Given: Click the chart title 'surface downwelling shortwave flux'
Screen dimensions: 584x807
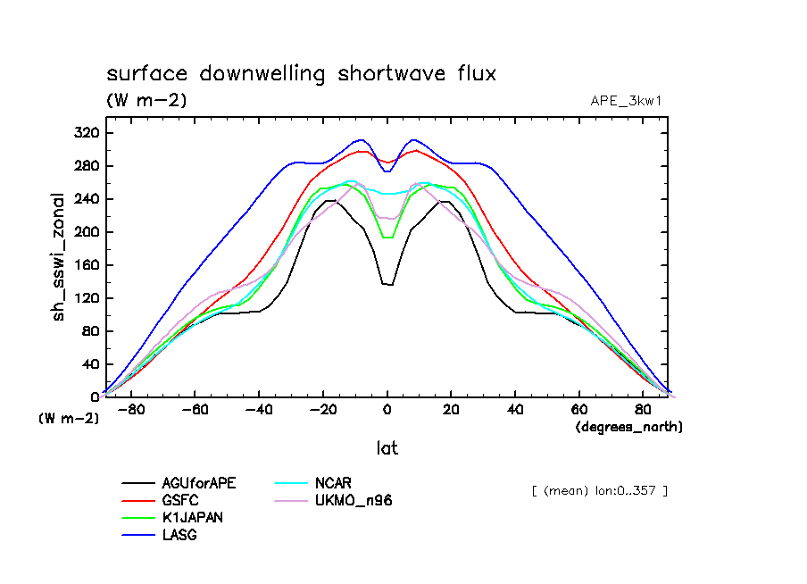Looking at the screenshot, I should point(301,74).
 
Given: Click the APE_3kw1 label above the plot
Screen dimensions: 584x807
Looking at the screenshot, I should point(626,100).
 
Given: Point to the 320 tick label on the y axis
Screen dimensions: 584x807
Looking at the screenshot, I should point(87,133).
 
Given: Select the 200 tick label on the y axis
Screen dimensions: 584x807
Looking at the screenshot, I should point(87,232).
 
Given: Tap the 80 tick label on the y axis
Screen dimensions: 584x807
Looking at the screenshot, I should point(90,331).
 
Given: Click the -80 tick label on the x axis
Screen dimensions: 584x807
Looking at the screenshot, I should point(131,410).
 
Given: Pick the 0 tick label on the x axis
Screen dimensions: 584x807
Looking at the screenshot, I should point(387,410).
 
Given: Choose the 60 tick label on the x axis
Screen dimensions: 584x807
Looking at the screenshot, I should point(579,410).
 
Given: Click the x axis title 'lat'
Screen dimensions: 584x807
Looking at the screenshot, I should point(387,449).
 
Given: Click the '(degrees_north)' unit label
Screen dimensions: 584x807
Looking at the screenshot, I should point(628,427).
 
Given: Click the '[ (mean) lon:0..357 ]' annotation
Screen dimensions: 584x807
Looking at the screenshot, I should point(599,490).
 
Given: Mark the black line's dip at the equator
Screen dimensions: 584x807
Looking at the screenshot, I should point(387,284).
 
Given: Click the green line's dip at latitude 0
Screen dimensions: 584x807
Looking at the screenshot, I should point(387,238).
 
